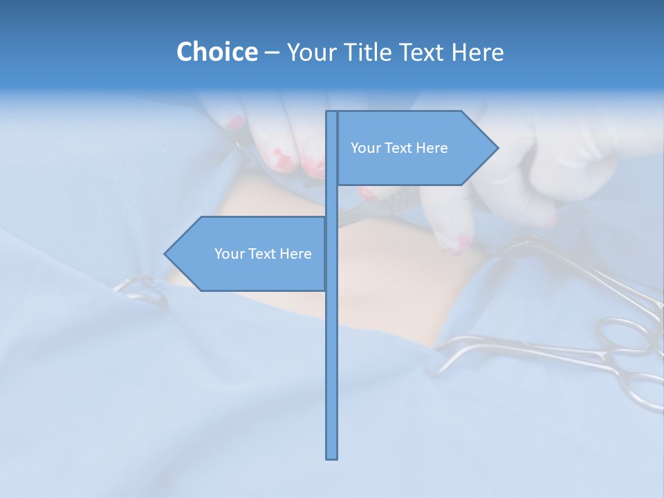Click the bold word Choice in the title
click(216, 52)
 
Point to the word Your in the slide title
click(312, 52)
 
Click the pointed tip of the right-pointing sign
click(497, 147)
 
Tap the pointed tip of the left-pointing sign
click(165, 254)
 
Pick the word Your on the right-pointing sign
click(365, 148)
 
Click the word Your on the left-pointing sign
click(228, 254)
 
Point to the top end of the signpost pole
click(332, 112)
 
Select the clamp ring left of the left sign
click(142, 290)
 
